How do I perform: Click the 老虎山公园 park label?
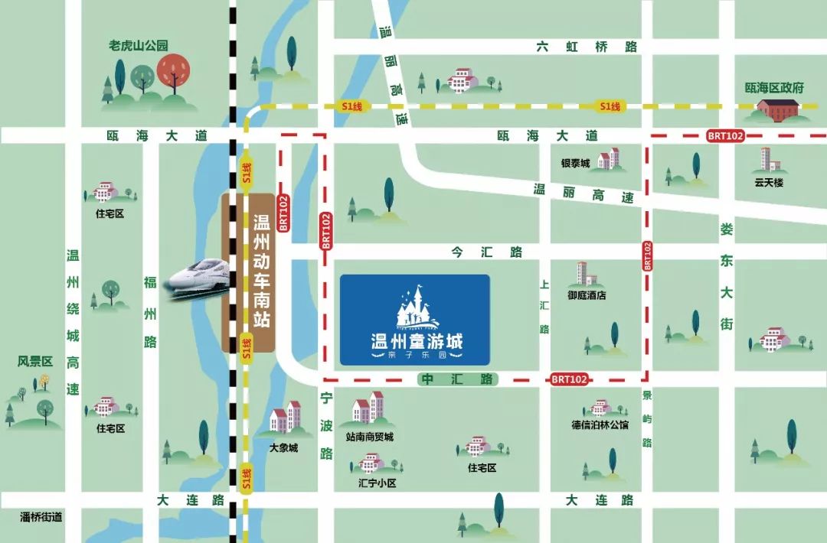click(x=139, y=46)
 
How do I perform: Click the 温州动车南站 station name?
click(x=261, y=271)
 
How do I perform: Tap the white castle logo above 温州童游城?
click(x=414, y=307)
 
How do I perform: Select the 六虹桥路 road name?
click(x=587, y=47)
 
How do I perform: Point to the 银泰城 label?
click(x=575, y=164)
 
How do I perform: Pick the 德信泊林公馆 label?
click(x=600, y=424)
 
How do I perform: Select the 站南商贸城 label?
click(x=369, y=437)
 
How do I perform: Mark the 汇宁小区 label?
click(x=377, y=483)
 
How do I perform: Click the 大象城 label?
click(x=283, y=447)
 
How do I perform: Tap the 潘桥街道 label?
click(x=41, y=517)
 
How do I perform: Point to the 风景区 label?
click(x=34, y=361)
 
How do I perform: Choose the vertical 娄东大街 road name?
click(x=726, y=276)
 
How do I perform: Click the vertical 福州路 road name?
click(x=150, y=313)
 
